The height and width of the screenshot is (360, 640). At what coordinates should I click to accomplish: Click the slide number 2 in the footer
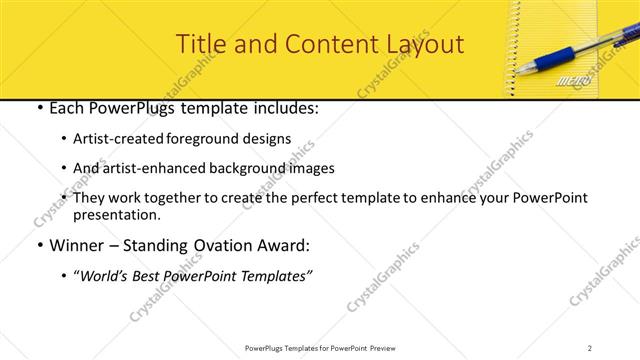(589, 348)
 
